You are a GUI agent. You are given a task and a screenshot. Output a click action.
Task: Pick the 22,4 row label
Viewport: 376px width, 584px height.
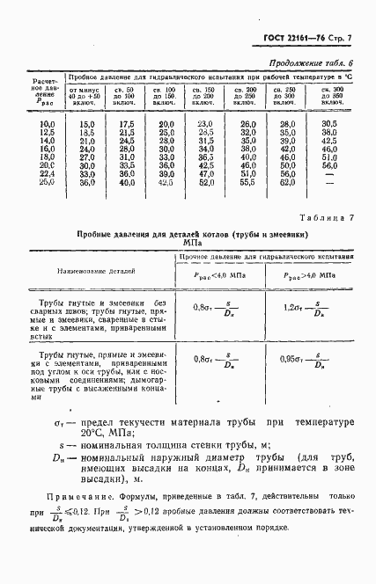point(48,173)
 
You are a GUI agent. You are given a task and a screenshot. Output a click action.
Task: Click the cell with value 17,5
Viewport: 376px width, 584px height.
point(127,124)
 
